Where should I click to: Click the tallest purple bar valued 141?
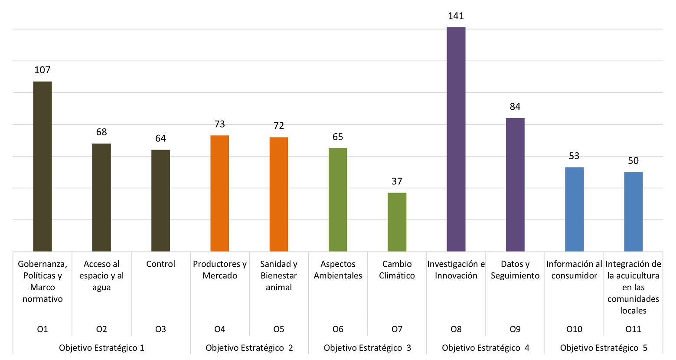[456, 139]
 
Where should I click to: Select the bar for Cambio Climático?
[397, 222]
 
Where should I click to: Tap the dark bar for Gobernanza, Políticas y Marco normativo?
[42, 167]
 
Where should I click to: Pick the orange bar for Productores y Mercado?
[219, 193]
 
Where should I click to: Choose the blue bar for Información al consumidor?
[574, 209]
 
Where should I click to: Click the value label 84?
[515, 107]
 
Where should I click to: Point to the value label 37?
[397, 181]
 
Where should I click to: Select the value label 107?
[42, 70]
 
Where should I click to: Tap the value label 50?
[633, 161]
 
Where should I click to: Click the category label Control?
[160, 264]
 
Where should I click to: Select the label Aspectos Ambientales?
[338, 270]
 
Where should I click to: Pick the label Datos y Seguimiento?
[515, 270]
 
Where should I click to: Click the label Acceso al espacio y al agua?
[101, 275]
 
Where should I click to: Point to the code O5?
[278, 329]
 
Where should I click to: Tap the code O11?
[633, 329]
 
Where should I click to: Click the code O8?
[456, 329]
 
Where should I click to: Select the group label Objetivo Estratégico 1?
[101, 348]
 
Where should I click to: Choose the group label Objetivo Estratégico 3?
[367, 348]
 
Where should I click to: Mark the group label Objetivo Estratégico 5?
[604, 348]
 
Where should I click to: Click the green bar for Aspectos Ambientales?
[338, 200]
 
